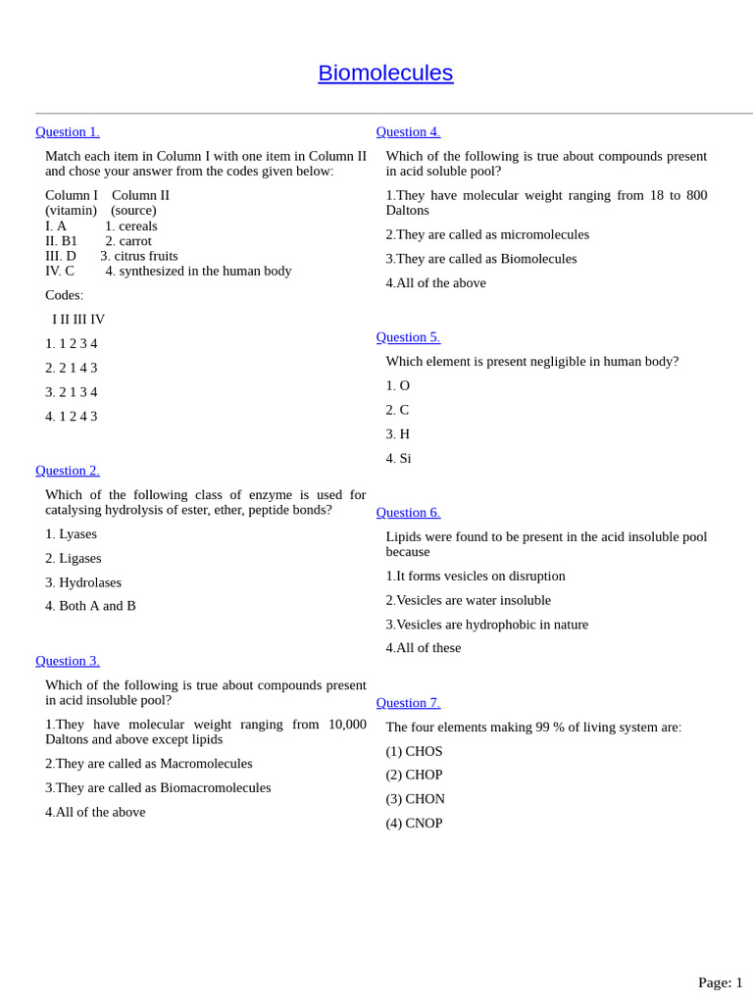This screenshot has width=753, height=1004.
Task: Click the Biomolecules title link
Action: [x=385, y=74]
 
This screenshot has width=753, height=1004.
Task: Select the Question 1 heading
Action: [x=68, y=132]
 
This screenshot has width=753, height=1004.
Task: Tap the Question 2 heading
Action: [x=68, y=471]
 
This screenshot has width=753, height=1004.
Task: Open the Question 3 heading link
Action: [x=68, y=661]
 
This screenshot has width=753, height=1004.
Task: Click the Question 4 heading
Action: [x=408, y=132]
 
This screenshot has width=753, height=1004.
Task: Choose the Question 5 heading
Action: [x=408, y=337]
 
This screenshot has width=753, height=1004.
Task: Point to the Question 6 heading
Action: [x=408, y=513]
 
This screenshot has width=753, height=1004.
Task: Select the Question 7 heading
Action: [x=408, y=703]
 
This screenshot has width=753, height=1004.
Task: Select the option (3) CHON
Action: [x=416, y=799]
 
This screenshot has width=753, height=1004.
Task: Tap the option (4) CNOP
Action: [x=415, y=824]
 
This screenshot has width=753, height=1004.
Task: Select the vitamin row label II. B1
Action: [x=61, y=241]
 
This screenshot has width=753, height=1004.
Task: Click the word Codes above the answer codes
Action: [x=64, y=295]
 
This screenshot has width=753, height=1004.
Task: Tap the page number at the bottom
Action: [x=720, y=982]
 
